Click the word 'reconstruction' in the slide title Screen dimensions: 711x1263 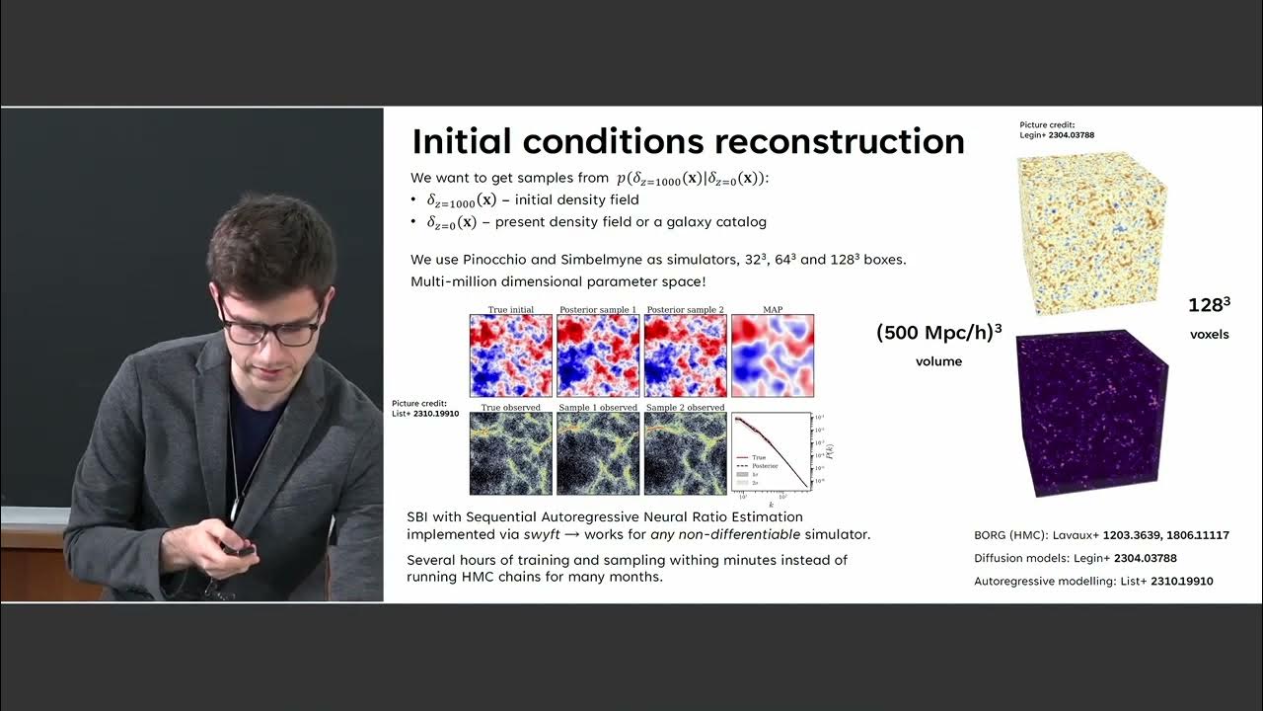[x=839, y=142]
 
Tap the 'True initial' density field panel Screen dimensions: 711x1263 [x=511, y=355]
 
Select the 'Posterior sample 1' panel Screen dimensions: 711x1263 [x=598, y=355]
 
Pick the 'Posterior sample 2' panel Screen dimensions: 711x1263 [x=685, y=355]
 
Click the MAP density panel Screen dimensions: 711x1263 [x=773, y=355]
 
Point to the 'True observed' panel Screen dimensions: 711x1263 [x=511, y=453]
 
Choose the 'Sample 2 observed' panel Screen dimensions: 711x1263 [x=685, y=453]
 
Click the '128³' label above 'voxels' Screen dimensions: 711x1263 [x=1210, y=306]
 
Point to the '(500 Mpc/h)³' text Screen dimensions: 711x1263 [x=938, y=334]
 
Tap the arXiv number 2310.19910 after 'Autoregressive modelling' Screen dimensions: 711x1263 [x=1181, y=582]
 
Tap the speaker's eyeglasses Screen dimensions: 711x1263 [x=267, y=330]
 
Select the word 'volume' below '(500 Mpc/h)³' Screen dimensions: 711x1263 [x=938, y=361]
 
